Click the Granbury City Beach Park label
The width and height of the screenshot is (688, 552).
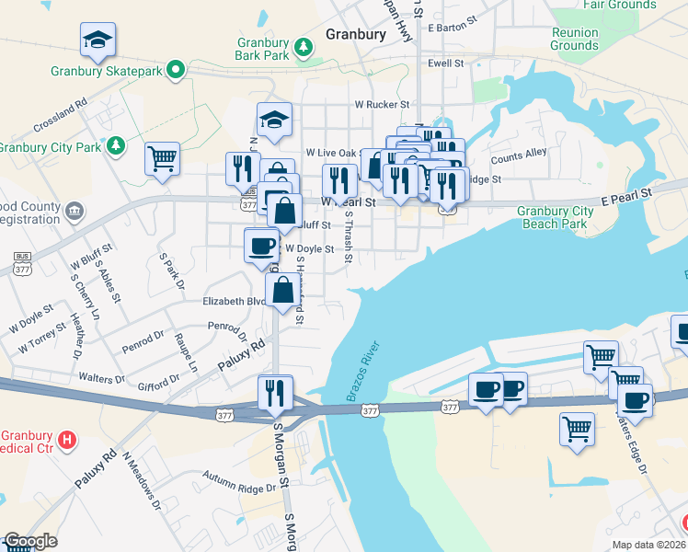pos(555,217)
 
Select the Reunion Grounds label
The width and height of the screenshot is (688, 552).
pos(575,39)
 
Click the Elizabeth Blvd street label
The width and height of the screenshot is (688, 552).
pos(234,301)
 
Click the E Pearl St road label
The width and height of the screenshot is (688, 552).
pos(626,194)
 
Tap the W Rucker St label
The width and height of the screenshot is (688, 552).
pos(383,104)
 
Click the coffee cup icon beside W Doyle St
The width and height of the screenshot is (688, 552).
pos(261,245)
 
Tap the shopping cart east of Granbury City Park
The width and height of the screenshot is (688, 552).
pos(162,157)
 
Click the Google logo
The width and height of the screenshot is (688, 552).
pos(29,541)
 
